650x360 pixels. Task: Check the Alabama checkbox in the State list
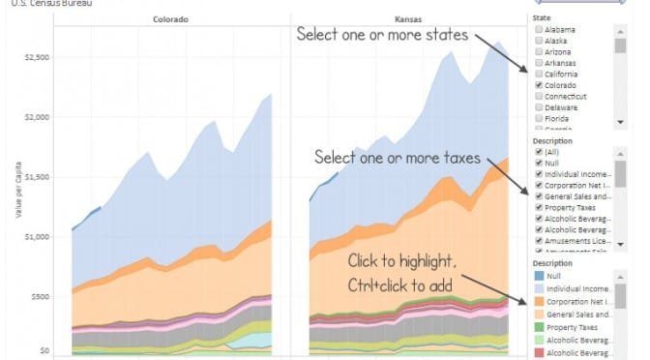(x=538, y=29)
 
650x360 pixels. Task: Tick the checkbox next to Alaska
(x=538, y=41)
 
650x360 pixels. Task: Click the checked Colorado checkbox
(x=538, y=85)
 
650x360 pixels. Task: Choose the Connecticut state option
(x=538, y=97)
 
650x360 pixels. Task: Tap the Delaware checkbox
(x=538, y=108)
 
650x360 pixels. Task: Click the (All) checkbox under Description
(x=538, y=151)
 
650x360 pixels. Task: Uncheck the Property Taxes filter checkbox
(x=538, y=208)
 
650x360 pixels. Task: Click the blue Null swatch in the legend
(x=540, y=275)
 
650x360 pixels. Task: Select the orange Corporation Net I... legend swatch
(x=540, y=301)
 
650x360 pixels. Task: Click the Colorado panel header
(x=170, y=18)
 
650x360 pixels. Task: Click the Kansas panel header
(x=408, y=18)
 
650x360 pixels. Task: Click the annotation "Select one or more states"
(x=382, y=35)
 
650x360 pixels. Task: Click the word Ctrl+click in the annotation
(x=379, y=285)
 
